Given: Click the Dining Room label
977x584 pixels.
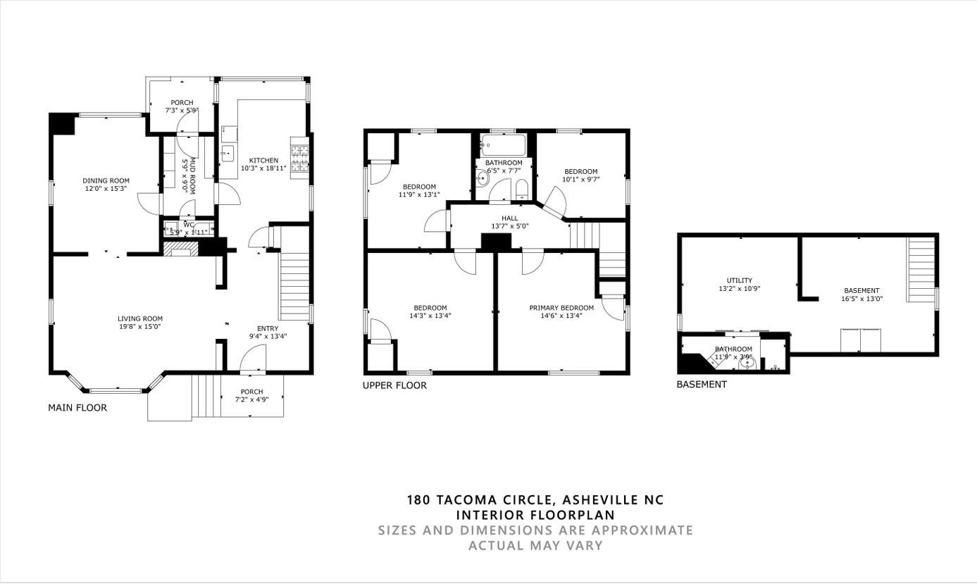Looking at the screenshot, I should [x=106, y=181].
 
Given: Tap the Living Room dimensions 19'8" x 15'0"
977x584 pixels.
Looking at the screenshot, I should [x=139, y=327].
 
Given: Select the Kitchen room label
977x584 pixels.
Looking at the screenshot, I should [x=263, y=161].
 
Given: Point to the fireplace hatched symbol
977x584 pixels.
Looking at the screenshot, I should [x=180, y=248].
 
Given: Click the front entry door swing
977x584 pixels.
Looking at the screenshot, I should [x=252, y=361].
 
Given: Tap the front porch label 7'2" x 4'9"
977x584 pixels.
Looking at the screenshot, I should [x=251, y=399].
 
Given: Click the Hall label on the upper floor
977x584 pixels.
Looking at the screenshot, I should [x=509, y=218].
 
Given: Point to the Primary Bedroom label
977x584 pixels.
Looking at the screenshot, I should [x=561, y=308].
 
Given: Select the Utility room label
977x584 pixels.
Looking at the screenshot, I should [x=740, y=280].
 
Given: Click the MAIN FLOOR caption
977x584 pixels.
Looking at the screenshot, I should [x=77, y=408].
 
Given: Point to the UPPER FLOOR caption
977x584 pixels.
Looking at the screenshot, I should [x=394, y=385].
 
